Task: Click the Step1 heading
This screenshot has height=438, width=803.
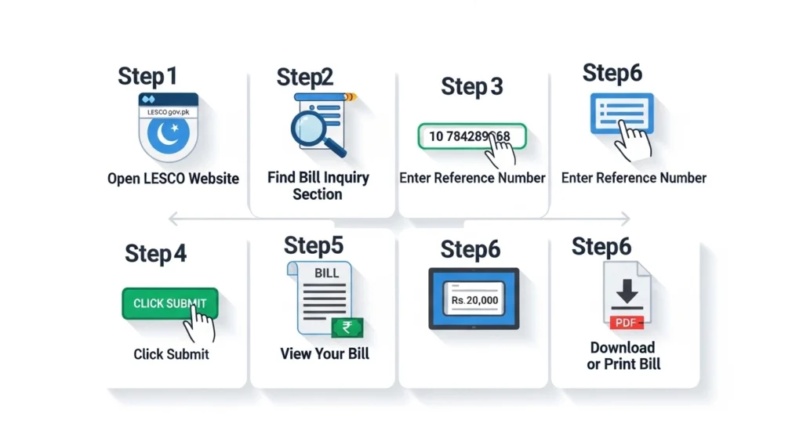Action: [147, 76]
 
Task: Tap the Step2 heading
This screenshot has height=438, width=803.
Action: [305, 77]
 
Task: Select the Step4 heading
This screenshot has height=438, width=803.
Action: [155, 254]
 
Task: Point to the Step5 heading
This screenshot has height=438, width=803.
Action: [314, 245]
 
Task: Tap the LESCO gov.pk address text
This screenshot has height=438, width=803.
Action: [169, 112]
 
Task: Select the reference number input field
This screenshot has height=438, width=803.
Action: [471, 136]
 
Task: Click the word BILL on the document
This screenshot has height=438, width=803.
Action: [326, 273]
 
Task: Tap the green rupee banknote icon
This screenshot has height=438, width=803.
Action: [343, 328]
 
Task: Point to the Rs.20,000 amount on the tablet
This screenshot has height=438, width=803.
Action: [474, 299]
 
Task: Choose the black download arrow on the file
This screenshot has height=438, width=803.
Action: [627, 295]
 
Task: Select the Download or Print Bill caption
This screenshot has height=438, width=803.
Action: [623, 356]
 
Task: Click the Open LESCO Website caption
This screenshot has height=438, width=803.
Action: [173, 179]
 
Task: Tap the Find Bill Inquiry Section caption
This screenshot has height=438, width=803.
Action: [318, 186]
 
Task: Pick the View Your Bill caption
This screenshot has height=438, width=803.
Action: [325, 354]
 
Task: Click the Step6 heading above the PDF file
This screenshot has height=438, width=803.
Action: [601, 246]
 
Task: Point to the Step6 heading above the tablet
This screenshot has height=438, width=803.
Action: [470, 249]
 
